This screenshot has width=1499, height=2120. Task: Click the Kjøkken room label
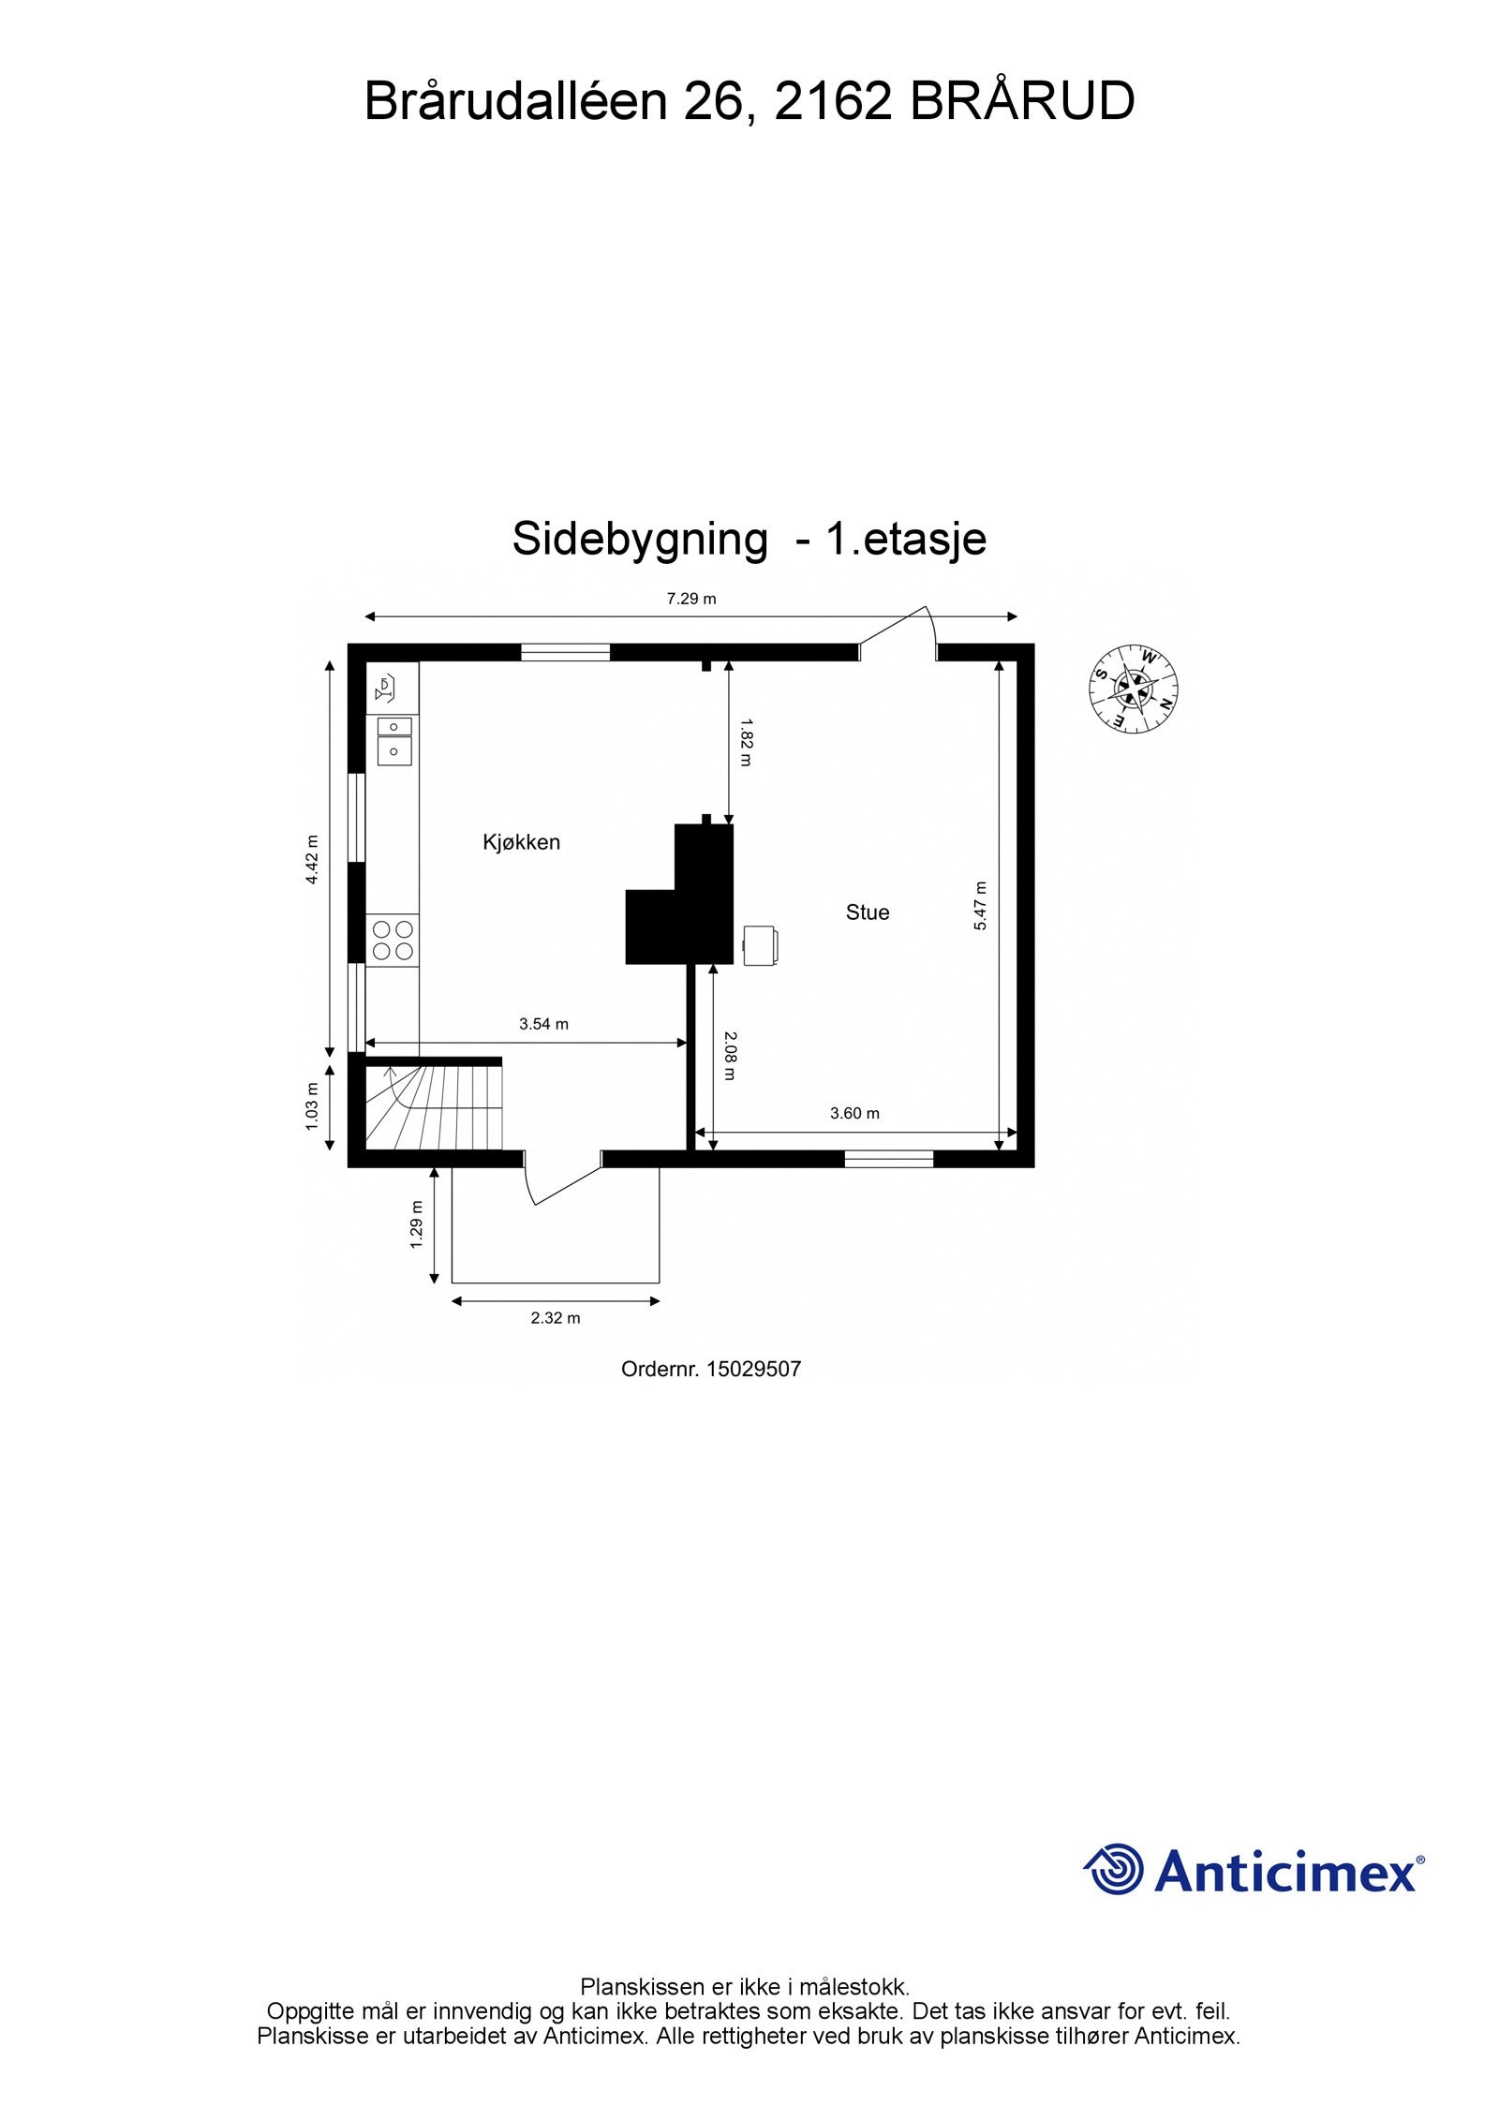click(x=521, y=842)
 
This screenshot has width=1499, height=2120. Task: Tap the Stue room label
click(x=868, y=912)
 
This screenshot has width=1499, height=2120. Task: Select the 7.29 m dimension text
click(x=691, y=600)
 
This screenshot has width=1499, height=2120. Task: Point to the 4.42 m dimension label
click(x=313, y=858)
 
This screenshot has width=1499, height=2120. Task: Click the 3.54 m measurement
click(x=543, y=1024)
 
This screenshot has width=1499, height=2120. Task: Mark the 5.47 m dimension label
click(x=981, y=905)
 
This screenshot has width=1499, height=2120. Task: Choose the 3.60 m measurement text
click(x=854, y=1114)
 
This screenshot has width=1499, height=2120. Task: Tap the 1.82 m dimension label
click(x=746, y=742)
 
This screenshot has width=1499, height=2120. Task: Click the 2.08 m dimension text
click(x=731, y=1055)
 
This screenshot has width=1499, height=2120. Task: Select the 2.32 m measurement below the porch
click(x=556, y=1318)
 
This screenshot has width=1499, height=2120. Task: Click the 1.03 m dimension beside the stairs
click(x=313, y=1105)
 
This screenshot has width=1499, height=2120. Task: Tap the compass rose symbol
click(x=1134, y=689)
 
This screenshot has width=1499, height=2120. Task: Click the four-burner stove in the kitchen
click(x=393, y=940)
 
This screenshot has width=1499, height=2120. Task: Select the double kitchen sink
click(x=394, y=740)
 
